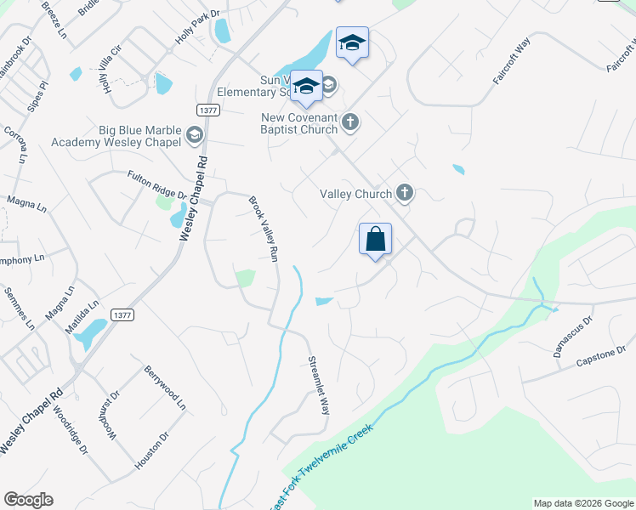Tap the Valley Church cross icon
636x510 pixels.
coord(404,194)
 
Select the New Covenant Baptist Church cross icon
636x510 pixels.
coord(349,123)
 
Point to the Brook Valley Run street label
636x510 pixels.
coord(264,229)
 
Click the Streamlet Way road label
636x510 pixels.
coord(317,384)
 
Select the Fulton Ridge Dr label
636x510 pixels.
coord(157,185)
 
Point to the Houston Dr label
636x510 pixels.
coord(152,450)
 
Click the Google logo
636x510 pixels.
coord(28,500)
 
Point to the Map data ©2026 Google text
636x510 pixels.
coord(582,503)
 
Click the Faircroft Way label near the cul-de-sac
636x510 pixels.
coord(512,60)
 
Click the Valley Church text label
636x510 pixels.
coord(355,194)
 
